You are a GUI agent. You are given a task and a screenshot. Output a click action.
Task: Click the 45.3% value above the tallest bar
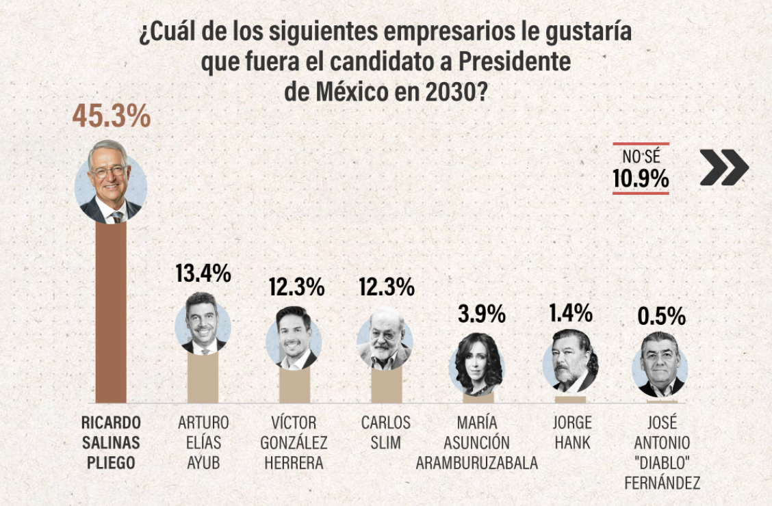click(x=111, y=116)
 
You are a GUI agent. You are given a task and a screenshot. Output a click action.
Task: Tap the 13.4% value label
click(x=203, y=274)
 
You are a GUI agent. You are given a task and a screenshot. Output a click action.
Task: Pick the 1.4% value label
click(x=570, y=312)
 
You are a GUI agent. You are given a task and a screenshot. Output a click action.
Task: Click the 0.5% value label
click(x=661, y=316)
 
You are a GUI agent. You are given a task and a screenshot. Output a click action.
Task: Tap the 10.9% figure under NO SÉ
click(x=641, y=178)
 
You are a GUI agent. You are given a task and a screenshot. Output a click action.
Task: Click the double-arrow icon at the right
click(x=723, y=168)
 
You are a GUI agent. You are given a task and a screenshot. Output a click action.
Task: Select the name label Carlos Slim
click(x=386, y=432)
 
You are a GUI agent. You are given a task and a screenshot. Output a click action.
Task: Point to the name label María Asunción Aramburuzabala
click(x=477, y=442)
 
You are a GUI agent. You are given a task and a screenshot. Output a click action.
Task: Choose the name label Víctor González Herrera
click(x=294, y=442)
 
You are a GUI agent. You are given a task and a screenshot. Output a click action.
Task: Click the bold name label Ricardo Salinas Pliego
click(x=111, y=442)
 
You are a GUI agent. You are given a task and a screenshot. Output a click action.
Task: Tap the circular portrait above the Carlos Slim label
click(x=385, y=340)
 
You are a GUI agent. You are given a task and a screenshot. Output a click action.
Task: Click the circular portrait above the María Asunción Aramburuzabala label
click(x=476, y=362)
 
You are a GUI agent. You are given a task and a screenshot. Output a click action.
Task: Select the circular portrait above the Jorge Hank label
click(x=571, y=360)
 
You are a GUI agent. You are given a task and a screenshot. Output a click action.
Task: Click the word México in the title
click(x=351, y=91)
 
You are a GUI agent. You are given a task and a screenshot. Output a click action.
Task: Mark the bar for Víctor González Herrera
click(x=294, y=386)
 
